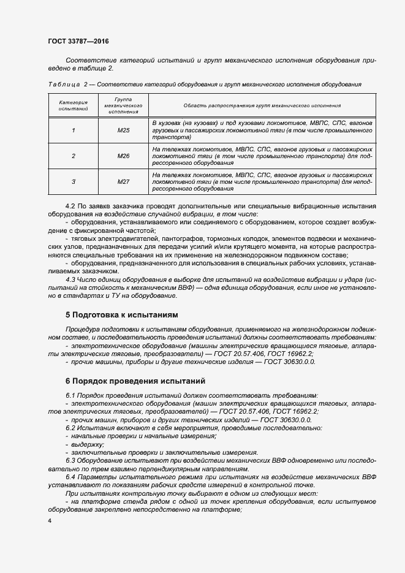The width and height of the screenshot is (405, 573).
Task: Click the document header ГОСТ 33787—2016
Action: point(79,42)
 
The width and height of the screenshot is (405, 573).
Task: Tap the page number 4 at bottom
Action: point(50,520)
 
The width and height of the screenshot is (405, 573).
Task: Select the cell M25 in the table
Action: point(124,131)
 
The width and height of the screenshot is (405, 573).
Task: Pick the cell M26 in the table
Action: point(124,156)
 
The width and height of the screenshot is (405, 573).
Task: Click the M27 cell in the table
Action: point(124,182)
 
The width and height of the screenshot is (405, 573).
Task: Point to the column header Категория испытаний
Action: point(74,105)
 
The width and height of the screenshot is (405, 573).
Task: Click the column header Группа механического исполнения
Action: point(124,105)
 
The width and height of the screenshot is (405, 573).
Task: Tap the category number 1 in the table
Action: point(74,131)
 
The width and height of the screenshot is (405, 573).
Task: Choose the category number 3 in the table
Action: point(74,182)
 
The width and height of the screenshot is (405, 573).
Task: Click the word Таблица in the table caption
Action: point(61,83)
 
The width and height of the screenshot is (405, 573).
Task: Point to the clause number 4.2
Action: point(70,207)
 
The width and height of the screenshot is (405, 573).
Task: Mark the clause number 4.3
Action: point(70,279)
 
